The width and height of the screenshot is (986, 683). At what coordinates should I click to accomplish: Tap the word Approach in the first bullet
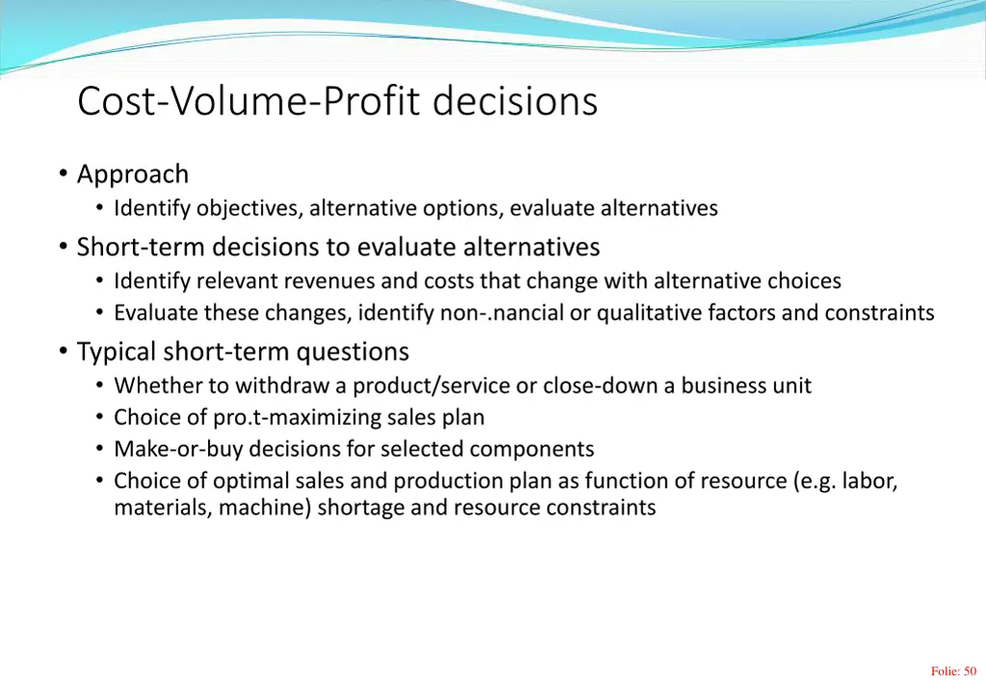(x=133, y=174)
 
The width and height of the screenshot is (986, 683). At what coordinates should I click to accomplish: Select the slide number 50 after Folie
(x=969, y=671)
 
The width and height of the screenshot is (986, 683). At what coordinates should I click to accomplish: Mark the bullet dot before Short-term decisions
(x=63, y=248)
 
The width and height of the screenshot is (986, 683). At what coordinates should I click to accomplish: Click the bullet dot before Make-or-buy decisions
(x=99, y=449)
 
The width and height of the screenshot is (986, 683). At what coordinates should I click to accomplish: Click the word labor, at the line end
(x=869, y=481)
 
